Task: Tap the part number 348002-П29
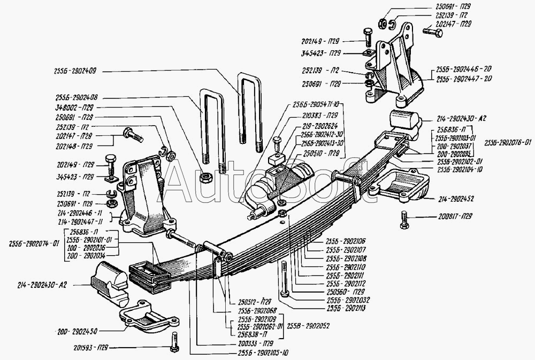pos(79,108)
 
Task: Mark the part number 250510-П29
pos(319,153)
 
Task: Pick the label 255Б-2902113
pos(346,309)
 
